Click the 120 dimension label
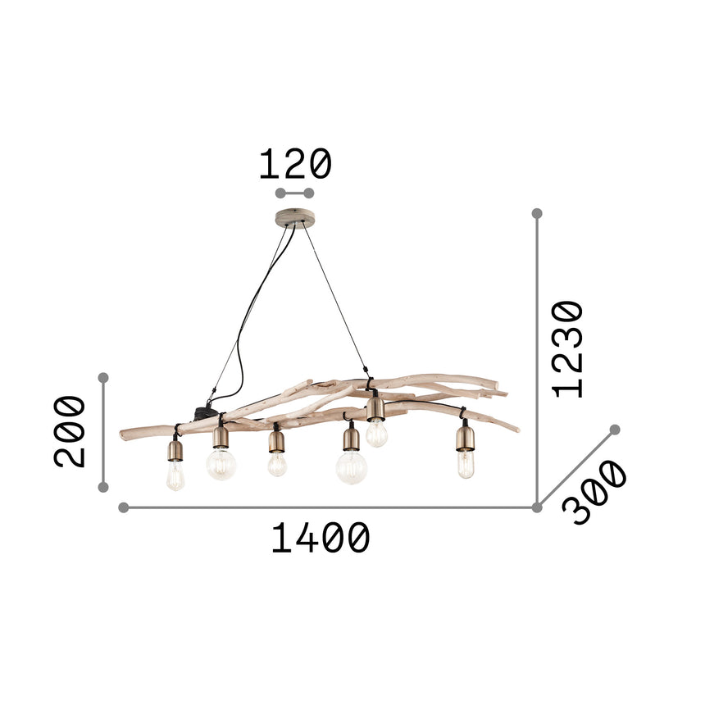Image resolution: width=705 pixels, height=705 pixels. point(295,165)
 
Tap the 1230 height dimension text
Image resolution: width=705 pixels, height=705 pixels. point(568,349)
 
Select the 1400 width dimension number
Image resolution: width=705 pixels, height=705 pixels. point(321,539)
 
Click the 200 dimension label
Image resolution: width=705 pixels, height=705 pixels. point(70,431)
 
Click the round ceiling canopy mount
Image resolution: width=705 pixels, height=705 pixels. point(295,218)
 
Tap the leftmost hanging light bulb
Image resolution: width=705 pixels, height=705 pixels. point(175,475)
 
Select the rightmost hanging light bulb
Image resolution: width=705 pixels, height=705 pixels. point(466,464)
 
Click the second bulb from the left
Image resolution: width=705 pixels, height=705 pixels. point(221,464)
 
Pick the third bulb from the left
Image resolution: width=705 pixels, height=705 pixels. point(277,465)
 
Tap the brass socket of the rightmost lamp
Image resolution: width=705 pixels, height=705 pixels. point(466,437)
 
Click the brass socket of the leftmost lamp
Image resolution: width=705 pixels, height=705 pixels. point(175,450)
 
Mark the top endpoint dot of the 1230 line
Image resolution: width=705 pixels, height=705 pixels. point(537,213)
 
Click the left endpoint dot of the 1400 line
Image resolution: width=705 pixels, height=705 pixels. point(124,507)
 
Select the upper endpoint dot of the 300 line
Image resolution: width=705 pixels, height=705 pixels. point(615,430)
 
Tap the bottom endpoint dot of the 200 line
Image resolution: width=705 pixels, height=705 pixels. point(103,487)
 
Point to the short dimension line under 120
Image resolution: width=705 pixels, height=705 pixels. point(295,193)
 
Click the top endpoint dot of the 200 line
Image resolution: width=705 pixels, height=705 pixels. point(103,378)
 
